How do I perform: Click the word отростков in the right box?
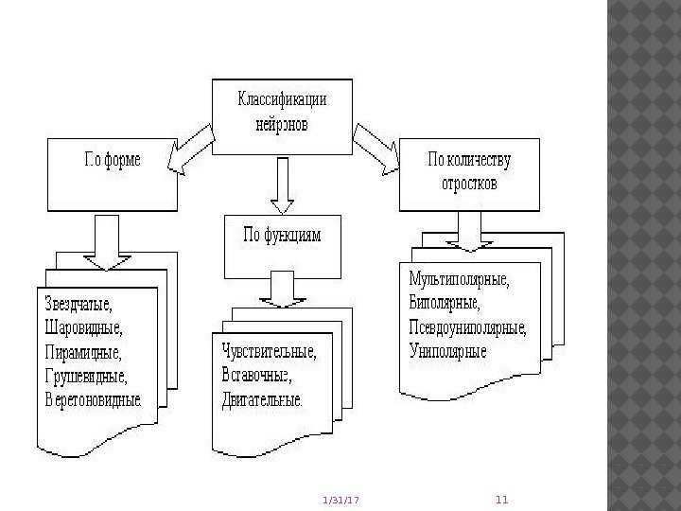[469, 182]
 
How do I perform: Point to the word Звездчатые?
[79, 307]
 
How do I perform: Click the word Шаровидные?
[83, 329]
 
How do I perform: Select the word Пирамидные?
[83, 353]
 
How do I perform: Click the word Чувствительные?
[270, 352]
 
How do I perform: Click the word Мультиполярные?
[459, 281]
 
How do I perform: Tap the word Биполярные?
[445, 305]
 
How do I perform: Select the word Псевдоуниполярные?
[468, 328]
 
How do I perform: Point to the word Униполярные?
[448, 352]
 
